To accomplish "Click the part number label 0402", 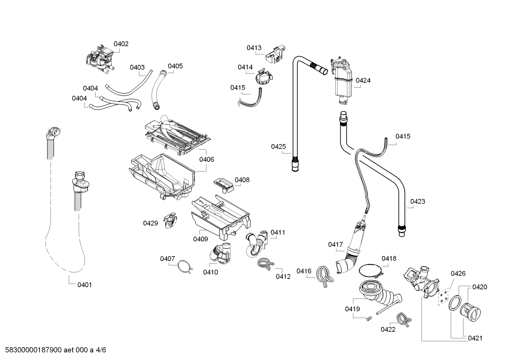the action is [121, 44].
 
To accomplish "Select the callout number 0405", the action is [175, 66].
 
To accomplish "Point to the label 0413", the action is [254, 48].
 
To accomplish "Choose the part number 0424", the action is [363, 80].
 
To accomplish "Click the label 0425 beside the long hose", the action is [279, 147].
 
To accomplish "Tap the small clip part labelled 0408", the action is [223, 185].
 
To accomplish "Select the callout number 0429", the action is [150, 223].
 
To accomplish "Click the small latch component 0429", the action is [170, 220].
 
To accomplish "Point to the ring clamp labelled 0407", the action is [185, 266].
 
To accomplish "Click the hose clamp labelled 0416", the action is [325, 277].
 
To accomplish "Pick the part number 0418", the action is [389, 258].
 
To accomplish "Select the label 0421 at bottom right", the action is [475, 338].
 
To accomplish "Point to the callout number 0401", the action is [84, 285].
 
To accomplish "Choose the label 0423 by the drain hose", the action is [418, 201].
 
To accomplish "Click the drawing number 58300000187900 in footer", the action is [34, 350].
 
